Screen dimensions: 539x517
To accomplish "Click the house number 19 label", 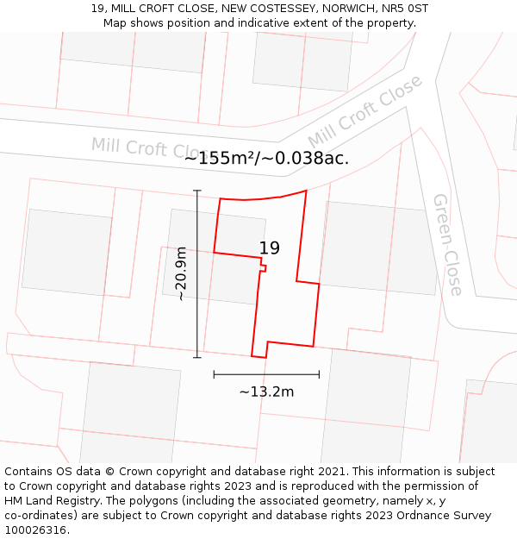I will coord(269,248).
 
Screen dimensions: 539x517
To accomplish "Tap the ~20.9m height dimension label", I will coord(181,273).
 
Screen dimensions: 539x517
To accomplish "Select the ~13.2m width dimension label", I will coord(266,392).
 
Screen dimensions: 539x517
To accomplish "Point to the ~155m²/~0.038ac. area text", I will coord(266,158).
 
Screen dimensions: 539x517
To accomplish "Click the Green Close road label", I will coord(448,244).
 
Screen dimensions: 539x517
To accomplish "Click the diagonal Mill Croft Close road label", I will coord(365,111).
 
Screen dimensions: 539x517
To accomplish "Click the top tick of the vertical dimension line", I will coord(197,191).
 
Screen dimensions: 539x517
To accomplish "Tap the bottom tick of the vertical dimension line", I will coord(197,357).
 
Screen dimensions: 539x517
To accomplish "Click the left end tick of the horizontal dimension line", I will coord(214,374).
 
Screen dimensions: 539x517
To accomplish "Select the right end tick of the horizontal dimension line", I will coord(319,374).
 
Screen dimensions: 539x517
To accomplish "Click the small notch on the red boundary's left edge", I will coord(264,268).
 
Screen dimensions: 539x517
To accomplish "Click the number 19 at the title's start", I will coord(97,9).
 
